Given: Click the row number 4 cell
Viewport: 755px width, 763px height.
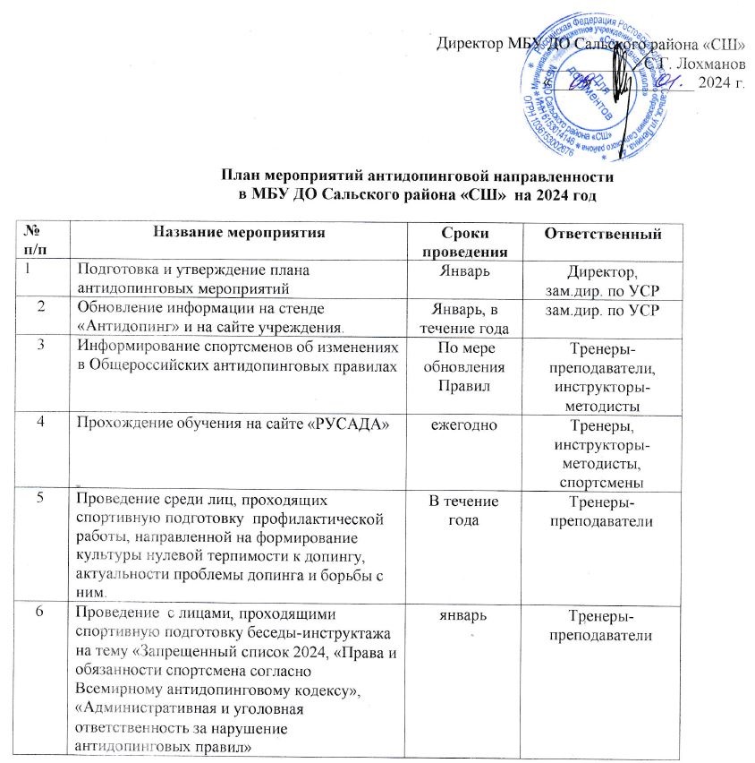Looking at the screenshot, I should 40,422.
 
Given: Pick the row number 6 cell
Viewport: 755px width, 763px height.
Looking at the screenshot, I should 40,615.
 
